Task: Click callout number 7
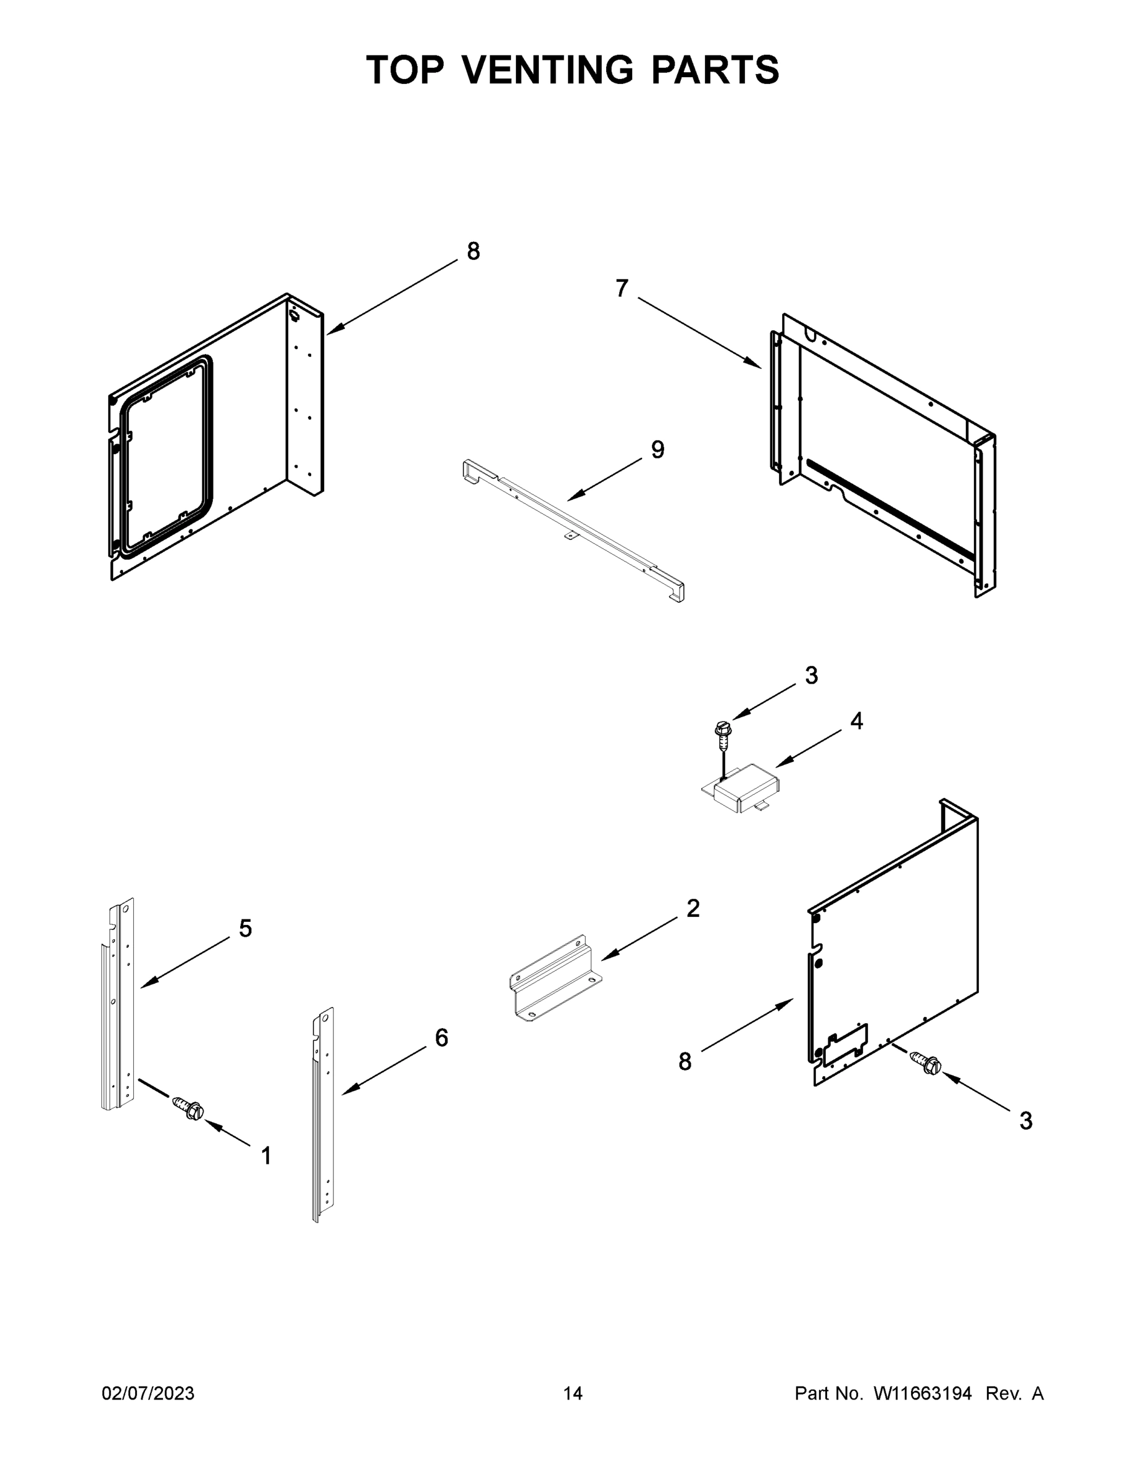coord(622,289)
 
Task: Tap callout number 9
coord(657,450)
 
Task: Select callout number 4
coord(857,721)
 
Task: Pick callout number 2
coord(693,908)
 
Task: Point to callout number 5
coord(245,928)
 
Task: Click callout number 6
coord(441,1037)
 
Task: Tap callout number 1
coord(267,1156)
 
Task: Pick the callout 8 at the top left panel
coord(473,252)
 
